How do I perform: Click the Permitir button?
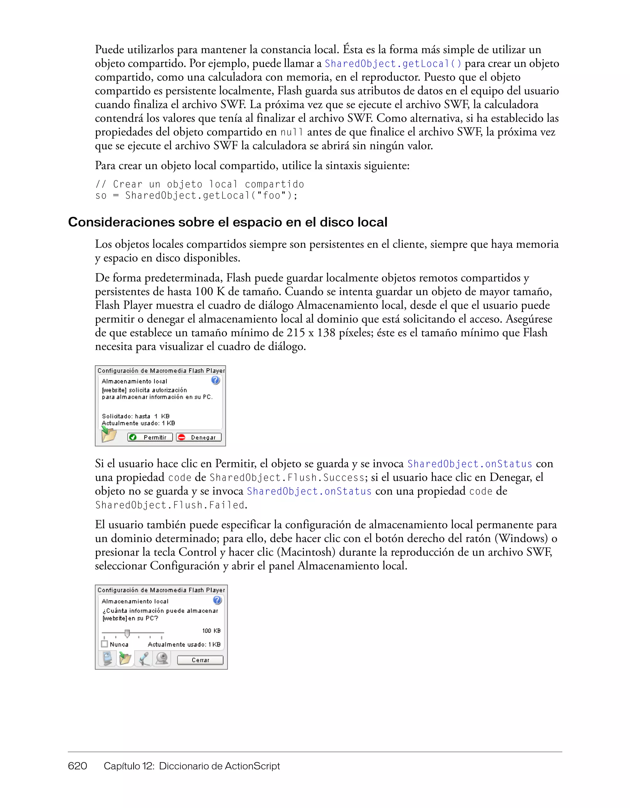coord(150,437)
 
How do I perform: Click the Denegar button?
coord(199,437)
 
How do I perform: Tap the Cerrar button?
coord(200,660)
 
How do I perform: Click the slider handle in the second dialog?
coord(127,633)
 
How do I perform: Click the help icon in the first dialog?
coord(215,380)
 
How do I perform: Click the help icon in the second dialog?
coord(217,600)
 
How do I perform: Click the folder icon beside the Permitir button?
coord(109,435)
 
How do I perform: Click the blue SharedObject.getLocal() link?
coord(393,64)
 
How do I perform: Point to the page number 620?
coord(77,766)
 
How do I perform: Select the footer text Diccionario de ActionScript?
coord(219,766)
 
